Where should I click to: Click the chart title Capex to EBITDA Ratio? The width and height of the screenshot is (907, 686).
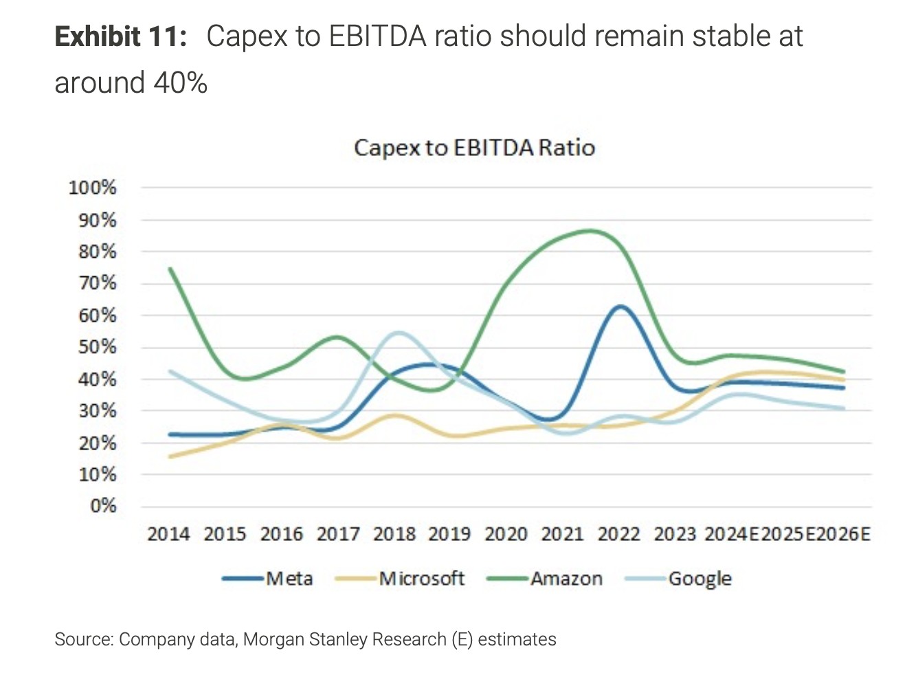[x=474, y=148]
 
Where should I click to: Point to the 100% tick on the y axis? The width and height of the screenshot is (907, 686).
[x=93, y=188]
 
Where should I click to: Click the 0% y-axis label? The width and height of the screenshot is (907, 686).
[x=103, y=507]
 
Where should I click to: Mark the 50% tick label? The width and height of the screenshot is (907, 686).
[x=97, y=347]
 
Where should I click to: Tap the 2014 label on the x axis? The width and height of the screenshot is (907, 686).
[x=168, y=534]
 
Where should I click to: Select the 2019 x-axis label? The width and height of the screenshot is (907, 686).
[x=449, y=534]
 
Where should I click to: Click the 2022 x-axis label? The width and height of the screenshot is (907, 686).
[x=618, y=534]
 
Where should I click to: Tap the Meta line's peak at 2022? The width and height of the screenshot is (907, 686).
[x=620, y=307]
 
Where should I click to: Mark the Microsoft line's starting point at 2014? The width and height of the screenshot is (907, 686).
[x=170, y=456]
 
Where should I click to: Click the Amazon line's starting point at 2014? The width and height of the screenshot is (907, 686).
[x=170, y=269]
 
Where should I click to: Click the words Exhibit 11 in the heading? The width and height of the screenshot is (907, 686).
[x=120, y=36]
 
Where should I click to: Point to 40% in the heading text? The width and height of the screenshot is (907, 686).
[x=180, y=83]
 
